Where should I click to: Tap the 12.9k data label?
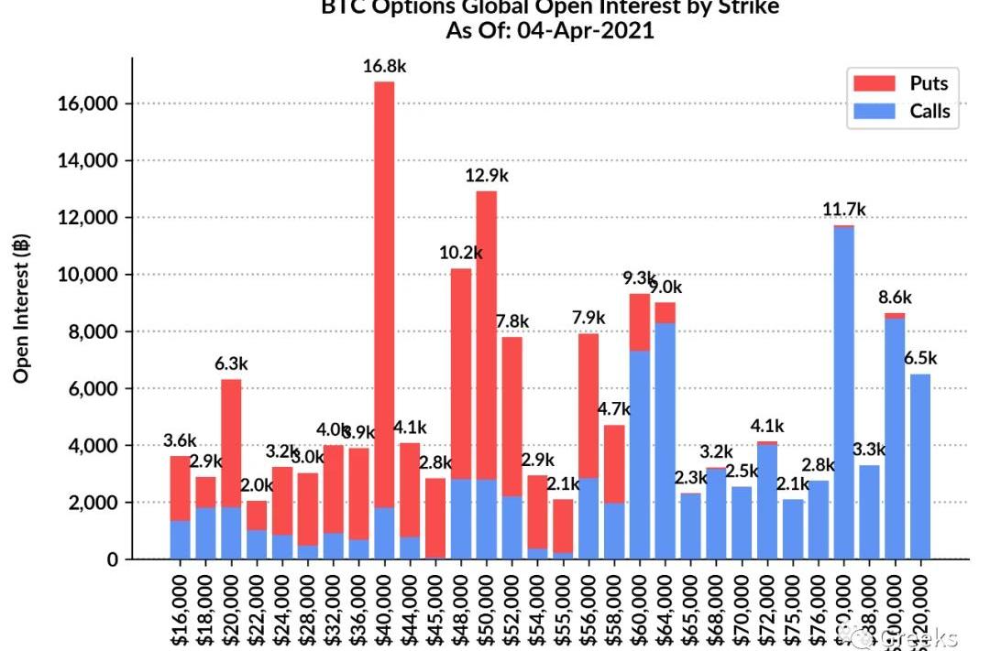tap(486, 174)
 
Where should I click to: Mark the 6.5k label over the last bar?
tap(920, 358)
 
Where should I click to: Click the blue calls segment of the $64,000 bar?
tap(665, 440)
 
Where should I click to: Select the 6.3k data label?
tap(231, 363)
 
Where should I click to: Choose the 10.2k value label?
tap(461, 253)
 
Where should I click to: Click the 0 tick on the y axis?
tap(113, 559)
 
